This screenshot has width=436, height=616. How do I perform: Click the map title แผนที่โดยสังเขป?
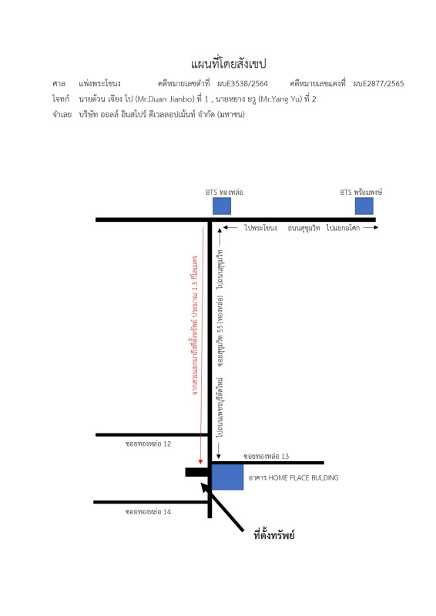tap(229, 64)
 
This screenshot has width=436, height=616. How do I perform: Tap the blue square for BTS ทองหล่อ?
tap(222, 206)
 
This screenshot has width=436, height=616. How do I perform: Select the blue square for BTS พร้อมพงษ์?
tap(364, 206)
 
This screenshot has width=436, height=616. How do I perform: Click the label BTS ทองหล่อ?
tap(224, 192)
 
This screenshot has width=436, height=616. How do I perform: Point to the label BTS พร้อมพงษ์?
tap(361, 192)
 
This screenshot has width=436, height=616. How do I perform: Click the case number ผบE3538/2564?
tap(243, 83)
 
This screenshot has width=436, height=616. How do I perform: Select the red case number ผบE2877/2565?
tap(378, 83)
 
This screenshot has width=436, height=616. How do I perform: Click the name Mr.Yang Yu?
tap(280, 99)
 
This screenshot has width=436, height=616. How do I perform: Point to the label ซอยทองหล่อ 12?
tap(148, 444)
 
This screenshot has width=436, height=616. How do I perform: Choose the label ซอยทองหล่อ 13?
tap(267, 456)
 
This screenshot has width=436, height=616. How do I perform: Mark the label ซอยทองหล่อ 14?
tap(148, 511)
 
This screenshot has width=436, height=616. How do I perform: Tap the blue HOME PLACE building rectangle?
tap(228, 477)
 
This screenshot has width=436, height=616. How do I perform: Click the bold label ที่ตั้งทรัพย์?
tap(274, 534)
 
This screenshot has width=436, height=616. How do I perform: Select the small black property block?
tap(196, 472)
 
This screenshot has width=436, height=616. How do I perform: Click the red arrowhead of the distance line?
tap(200, 461)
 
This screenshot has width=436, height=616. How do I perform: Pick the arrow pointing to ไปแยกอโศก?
tap(371, 227)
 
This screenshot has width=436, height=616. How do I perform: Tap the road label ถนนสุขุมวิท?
tap(304, 228)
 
